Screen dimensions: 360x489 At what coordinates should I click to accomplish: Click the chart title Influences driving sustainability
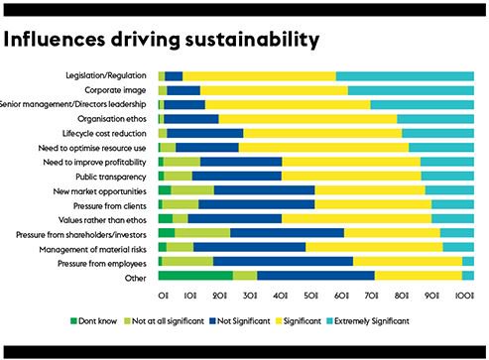(x=162, y=40)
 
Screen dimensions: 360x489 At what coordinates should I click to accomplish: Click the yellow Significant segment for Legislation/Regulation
(x=259, y=75)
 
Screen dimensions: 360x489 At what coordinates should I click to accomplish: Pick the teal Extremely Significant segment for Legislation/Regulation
(x=405, y=75)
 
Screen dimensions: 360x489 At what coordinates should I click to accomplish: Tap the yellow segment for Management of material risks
(x=374, y=247)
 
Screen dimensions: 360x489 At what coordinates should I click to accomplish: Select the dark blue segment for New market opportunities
(x=264, y=189)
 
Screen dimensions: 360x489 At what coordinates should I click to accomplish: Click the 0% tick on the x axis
(x=163, y=296)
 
